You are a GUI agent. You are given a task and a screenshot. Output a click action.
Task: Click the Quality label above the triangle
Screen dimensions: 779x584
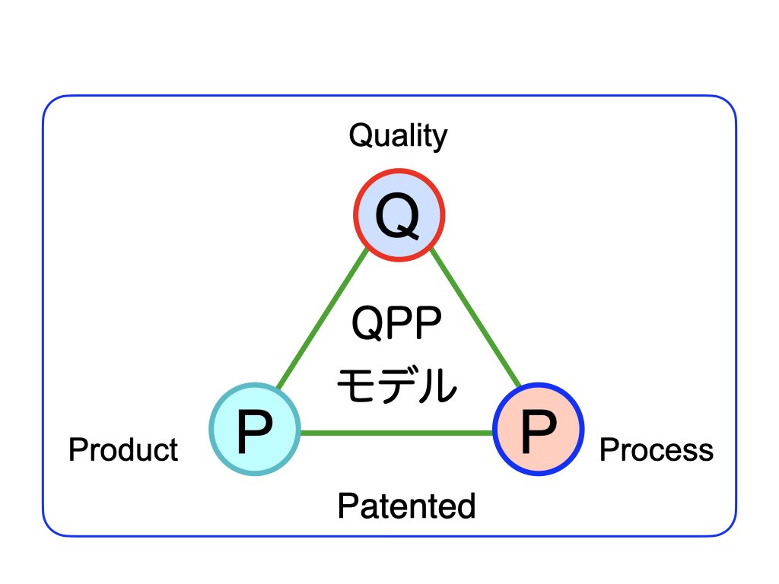[398, 136]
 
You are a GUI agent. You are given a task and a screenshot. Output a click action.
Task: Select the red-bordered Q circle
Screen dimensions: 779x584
[399, 215]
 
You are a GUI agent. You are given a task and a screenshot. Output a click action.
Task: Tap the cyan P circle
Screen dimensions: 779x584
[255, 429]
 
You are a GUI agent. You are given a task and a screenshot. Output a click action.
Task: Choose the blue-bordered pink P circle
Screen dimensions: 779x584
[538, 429]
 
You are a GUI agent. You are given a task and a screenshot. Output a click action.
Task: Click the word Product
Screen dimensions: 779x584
[123, 450]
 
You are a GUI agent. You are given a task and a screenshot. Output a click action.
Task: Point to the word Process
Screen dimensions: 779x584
[657, 450]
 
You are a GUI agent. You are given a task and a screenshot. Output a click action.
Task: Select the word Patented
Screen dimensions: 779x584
[406, 506]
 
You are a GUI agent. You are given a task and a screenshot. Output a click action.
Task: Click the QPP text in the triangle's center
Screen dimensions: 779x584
[396, 322]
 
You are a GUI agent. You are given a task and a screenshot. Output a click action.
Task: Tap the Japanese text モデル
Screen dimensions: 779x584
[397, 385]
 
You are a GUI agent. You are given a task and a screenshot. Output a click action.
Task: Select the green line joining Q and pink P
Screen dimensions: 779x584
[475, 317]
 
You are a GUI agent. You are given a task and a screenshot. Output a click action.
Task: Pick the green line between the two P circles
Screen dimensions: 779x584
[396, 433]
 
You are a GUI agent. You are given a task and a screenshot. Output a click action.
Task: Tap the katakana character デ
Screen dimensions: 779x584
[396, 385]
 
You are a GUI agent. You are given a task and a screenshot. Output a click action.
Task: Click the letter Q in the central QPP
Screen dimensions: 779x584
[367, 323]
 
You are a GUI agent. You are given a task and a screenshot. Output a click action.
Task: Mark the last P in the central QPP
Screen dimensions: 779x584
[428, 322]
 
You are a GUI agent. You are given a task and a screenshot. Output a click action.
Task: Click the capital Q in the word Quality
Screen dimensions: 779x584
[361, 135]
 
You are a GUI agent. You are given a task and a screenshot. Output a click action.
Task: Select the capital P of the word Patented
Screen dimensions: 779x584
[347, 506]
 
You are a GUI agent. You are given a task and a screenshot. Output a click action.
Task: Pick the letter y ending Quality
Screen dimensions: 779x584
[439, 140]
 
